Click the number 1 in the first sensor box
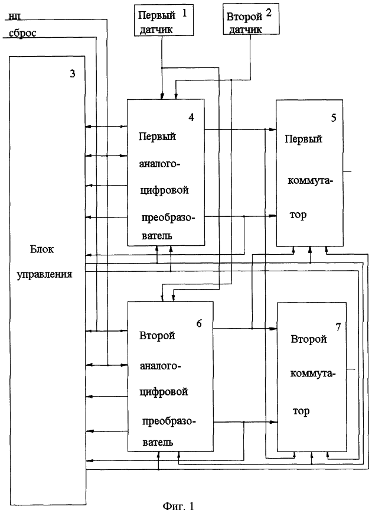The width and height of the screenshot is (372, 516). pyautogui.click(x=184, y=13)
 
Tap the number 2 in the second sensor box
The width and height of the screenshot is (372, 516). pyautogui.click(x=269, y=13)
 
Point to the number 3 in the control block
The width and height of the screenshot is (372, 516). pyautogui.click(x=73, y=73)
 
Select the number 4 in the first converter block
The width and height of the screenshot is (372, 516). pyautogui.click(x=191, y=117)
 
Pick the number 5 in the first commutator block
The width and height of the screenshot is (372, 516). pyautogui.click(x=334, y=118)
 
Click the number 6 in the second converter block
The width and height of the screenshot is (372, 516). pyautogui.click(x=199, y=323)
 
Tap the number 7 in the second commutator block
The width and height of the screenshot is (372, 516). pyautogui.click(x=338, y=327)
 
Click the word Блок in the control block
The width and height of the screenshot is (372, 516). pyautogui.click(x=42, y=249)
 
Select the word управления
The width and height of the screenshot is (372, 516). pyautogui.click(x=44, y=274)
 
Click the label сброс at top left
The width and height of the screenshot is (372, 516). pyautogui.click(x=22, y=33)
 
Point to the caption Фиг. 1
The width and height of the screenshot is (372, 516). pyautogui.click(x=179, y=506)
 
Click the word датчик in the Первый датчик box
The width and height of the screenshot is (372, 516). pyautogui.click(x=156, y=30)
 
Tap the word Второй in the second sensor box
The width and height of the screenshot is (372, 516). pyautogui.click(x=244, y=17)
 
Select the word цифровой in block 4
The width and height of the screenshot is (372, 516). pyautogui.click(x=164, y=190)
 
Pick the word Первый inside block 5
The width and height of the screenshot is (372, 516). pyautogui.click(x=304, y=139)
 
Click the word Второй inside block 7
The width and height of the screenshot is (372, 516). pyautogui.click(x=309, y=339)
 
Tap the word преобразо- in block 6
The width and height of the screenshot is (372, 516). pyautogui.click(x=169, y=421)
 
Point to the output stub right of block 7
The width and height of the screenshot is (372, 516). pyautogui.click(x=351, y=369)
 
